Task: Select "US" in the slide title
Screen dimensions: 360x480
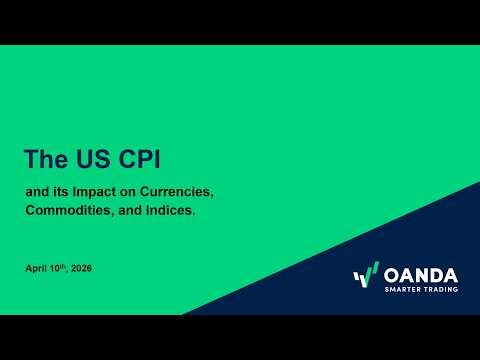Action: [89, 158]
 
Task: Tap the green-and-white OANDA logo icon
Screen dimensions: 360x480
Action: [366, 274]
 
